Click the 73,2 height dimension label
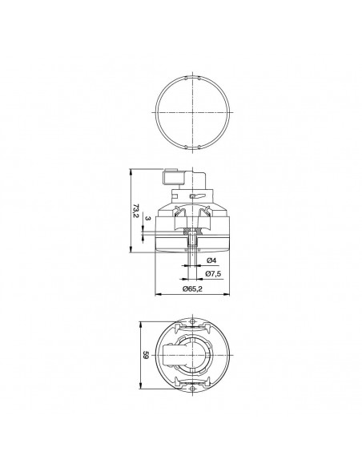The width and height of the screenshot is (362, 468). tap(136, 211)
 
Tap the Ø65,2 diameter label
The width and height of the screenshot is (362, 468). tap(192, 288)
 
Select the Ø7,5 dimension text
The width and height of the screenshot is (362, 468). tap(213, 273)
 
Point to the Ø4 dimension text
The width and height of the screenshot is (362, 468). tap(211, 260)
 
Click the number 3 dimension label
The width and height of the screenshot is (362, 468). tap(148, 219)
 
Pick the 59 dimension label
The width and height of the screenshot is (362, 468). tap(145, 355)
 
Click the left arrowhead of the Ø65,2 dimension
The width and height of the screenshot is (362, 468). tap(158, 295)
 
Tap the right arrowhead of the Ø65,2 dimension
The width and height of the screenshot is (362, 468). tap(227, 295)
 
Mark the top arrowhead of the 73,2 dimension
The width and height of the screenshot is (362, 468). tap(131, 172)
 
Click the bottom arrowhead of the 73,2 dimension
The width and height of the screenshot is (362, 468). tap(131, 249)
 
